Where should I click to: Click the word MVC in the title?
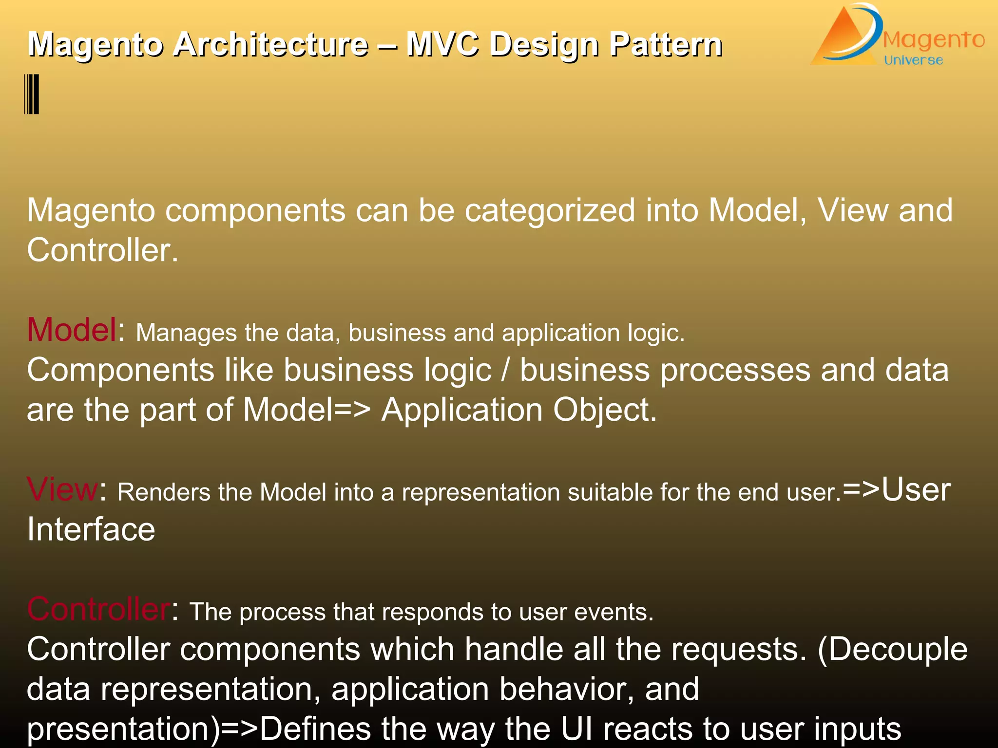pos(442,44)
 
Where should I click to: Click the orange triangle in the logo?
pos(842,41)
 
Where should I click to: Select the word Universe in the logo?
pos(913,60)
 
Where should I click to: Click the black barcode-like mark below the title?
pos(32,94)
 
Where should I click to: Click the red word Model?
pos(72,330)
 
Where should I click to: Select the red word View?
pos(62,489)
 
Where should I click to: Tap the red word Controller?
pos(98,609)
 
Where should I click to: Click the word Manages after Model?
pos(186,333)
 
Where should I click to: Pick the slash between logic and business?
pos(505,370)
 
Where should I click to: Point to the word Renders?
pos(164,492)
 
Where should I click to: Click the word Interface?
pos(91,529)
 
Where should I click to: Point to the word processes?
pos(735,370)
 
